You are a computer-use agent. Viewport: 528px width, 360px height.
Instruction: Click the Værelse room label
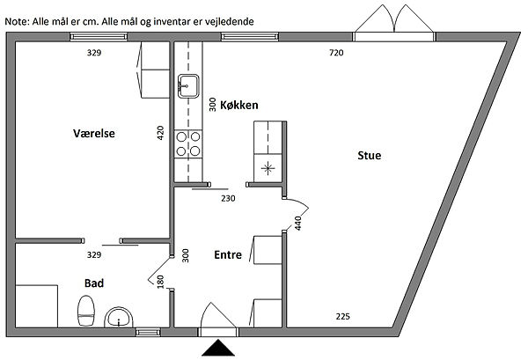(x=95, y=134)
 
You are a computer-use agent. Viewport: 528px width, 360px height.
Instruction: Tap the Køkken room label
(x=238, y=105)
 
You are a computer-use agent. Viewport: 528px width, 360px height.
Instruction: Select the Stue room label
(x=370, y=156)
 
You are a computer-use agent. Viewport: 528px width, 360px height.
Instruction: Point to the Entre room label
(x=229, y=254)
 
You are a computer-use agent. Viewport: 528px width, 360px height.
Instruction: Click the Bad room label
(x=94, y=283)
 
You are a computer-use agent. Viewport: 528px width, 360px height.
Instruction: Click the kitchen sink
(x=188, y=85)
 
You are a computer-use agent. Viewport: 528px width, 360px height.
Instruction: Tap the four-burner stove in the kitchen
(x=188, y=143)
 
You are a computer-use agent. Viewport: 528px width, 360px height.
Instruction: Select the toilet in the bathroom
(x=86, y=310)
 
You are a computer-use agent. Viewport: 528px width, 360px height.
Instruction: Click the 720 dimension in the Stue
(x=335, y=54)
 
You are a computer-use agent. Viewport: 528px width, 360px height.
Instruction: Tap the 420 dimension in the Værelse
(x=160, y=133)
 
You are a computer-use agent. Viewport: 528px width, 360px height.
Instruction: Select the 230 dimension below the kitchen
(x=228, y=199)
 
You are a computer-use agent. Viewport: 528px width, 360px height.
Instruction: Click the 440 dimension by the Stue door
(x=298, y=224)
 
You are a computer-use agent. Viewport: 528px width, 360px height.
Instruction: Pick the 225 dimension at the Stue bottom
(x=343, y=316)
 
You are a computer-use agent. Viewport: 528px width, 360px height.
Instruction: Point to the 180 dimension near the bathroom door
(x=160, y=282)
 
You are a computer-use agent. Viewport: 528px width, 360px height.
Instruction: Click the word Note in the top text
(x=16, y=18)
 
